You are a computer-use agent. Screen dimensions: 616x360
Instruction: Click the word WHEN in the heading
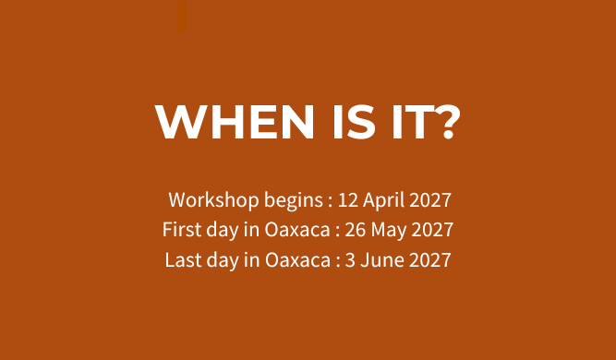click(235, 122)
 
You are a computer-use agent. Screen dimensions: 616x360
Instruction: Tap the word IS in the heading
click(354, 122)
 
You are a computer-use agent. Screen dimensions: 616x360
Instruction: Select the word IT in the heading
click(413, 122)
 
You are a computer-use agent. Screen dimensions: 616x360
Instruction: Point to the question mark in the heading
click(448, 122)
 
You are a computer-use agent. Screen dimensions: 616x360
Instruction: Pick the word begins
click(294, 201)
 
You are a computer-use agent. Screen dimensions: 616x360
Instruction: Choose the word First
click(182, 230)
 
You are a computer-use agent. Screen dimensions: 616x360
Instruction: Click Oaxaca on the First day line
click(297, 230)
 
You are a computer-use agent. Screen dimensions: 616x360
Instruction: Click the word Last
click(183, 260)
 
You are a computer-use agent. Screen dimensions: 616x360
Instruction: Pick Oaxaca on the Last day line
click(297, 260)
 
